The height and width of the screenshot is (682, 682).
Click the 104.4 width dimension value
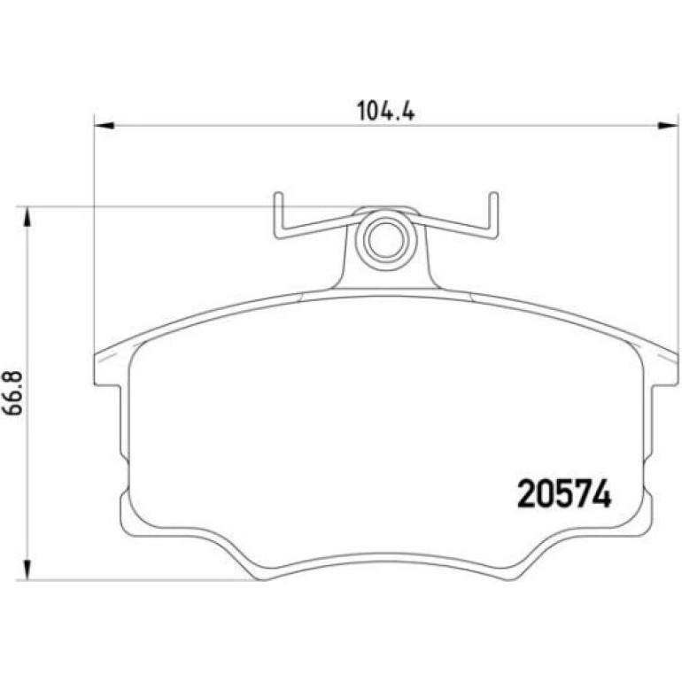pyautogui.click(x=386, y=111)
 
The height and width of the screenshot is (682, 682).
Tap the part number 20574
pyautogui.click(x=564, y=493)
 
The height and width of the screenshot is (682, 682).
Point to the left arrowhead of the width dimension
pyautogui.click(x=105, y=126)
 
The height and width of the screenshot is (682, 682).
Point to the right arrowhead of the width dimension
pyautogui.click(x=668, y=126)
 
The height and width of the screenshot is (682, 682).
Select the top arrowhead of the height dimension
pyautogui.click(x=27, y=217)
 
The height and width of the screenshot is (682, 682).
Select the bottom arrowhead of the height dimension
pyautogui.click(x=27, y=570)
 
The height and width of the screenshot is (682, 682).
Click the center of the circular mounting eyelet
pyautogui.click(x=386, y=240)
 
